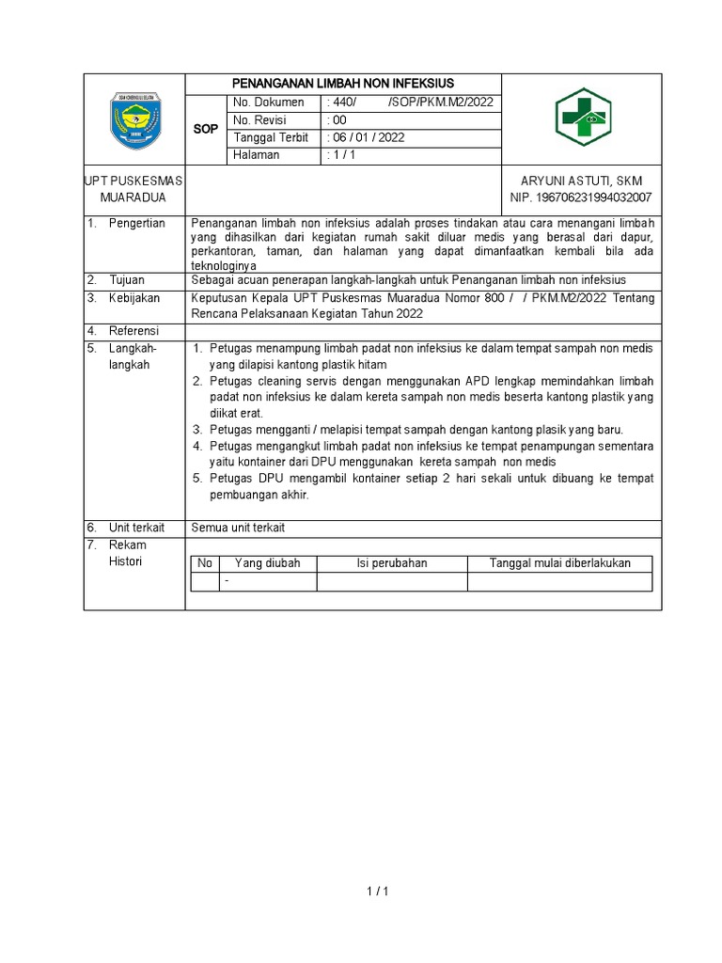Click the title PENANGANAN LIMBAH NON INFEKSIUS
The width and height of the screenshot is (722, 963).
343,84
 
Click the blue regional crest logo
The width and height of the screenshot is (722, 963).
134,120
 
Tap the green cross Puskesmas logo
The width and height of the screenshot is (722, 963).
581,119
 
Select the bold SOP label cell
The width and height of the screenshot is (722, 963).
206,129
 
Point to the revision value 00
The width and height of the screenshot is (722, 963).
337,120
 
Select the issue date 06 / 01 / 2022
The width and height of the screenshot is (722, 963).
367,137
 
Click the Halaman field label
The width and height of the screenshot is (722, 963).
257,155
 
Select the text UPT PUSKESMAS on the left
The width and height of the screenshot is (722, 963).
134,181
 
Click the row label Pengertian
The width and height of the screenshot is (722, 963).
136,223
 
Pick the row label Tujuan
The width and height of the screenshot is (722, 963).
127,280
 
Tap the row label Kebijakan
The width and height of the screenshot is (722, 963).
134,297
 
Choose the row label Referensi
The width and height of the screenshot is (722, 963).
134,331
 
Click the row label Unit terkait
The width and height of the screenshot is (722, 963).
138,528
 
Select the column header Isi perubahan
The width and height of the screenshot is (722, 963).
391,563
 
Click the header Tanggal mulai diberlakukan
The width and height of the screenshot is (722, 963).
559,563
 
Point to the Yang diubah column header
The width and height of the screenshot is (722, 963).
267,563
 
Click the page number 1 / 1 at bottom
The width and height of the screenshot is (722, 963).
375,892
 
